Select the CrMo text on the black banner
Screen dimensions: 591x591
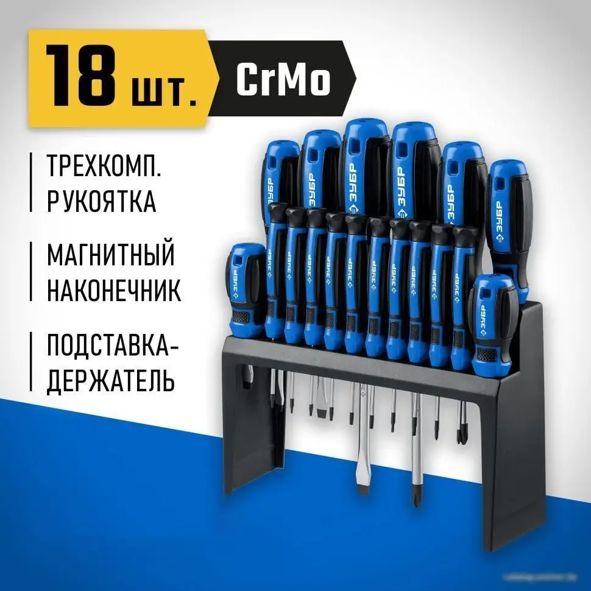(283, 79)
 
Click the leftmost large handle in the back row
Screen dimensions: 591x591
(281, 174)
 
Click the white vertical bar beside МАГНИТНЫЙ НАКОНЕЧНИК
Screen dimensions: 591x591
(32, 272)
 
